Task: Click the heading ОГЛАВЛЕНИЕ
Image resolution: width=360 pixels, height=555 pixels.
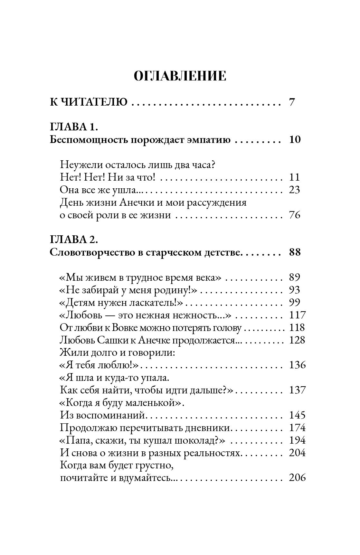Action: pos(180,76)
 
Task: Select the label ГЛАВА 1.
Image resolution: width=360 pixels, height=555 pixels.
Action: pos(74,127)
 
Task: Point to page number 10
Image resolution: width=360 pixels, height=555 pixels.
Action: pos(295,140)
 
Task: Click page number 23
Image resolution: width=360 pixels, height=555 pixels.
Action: pos(295,190)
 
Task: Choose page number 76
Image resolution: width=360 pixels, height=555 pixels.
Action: pos(295,215)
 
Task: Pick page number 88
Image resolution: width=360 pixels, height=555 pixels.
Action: pos(295,252)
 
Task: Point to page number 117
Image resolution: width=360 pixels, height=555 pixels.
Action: pos(297,315)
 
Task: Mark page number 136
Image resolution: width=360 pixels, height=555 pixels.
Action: pos(297,365)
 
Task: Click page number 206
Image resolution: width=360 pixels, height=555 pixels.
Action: pos(297,478)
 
